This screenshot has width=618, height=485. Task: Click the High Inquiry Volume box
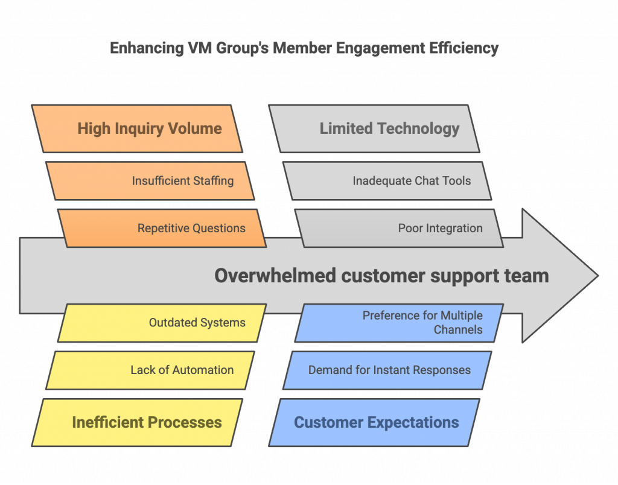pos(137,128)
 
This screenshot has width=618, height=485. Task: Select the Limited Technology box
pos(374,128)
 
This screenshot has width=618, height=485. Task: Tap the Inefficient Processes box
pos(137,422)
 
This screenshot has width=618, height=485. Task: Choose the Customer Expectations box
pos(374,422)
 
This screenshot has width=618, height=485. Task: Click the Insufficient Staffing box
pos(150,181)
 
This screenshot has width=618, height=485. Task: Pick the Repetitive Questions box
pos(162,228)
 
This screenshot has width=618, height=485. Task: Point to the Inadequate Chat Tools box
pos(387,181)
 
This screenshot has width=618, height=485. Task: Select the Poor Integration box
pos(400,228)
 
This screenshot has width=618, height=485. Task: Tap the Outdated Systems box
pos(162,323)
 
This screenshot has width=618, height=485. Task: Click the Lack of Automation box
pos(150,370)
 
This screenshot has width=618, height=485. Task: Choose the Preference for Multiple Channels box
pos(400,323)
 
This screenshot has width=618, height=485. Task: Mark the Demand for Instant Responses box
pos(387,370)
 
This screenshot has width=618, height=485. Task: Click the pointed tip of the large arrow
pos(598,276)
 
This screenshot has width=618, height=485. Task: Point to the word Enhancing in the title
pos(147,48)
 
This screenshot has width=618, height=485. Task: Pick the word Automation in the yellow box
pos(203,370)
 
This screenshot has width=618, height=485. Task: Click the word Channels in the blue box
pos(458,330)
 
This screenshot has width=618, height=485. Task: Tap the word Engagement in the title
pos(380,48)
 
